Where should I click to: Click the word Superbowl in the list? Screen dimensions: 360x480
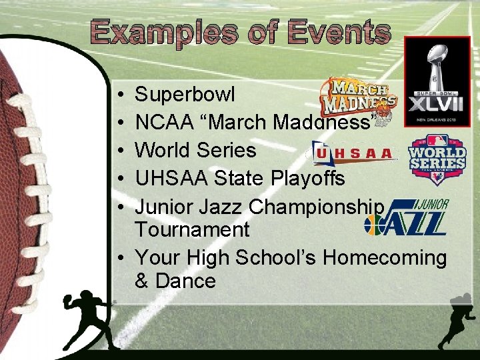[x=185, y=95]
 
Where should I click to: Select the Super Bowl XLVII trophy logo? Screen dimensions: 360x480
[x=437, y=80]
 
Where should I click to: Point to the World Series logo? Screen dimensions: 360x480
[x=437, y=158]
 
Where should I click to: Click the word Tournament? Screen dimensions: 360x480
[x=192, y=229]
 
